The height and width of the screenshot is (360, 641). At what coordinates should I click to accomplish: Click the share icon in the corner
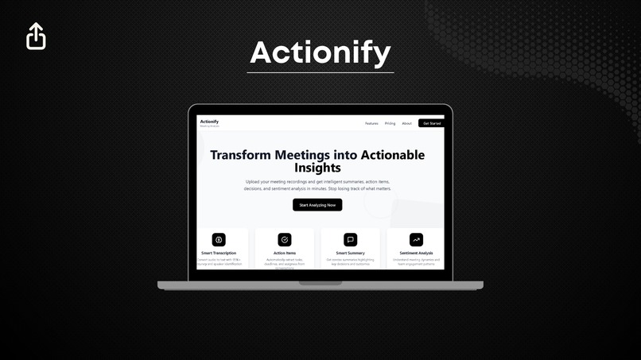click(x=36, y=36)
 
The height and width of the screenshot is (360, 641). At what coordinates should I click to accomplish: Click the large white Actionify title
click(x=320, y=52)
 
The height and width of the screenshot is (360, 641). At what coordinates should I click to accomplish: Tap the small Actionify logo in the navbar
click(x=209, y=122)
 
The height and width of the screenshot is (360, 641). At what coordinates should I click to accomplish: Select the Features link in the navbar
click(x=371, y=123)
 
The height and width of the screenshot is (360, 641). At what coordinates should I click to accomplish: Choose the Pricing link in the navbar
click(x=390, y=123)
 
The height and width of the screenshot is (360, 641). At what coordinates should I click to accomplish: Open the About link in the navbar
click(x=406, y=123)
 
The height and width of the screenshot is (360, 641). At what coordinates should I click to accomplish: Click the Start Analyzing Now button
click(x=317, y=205)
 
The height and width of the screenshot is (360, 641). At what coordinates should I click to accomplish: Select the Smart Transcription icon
click(x=219, y=239)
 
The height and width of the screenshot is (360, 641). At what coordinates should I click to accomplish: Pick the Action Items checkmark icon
click(x=285, y=239)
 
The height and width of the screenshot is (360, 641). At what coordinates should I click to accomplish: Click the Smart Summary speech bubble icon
click(x=350, y=239)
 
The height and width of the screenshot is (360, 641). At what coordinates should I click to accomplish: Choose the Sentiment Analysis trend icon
click(x=416, y=239)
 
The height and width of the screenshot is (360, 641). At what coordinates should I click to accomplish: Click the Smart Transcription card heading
click(x=219, y=253)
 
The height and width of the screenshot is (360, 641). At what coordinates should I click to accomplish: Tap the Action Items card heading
click(x=285, y=253)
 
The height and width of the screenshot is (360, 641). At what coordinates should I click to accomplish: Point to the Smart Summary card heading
click(x=350, y=253)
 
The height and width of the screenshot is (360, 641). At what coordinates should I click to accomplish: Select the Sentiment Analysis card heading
click(x=416, y=253)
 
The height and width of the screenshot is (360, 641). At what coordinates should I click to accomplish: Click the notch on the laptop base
click(x=320, y=283)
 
